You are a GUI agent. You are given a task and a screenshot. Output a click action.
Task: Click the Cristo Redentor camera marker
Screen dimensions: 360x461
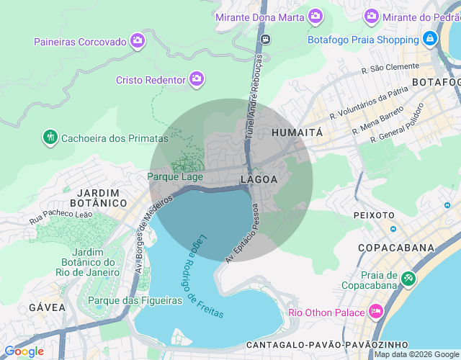pyautogui.click(x=197, y=79)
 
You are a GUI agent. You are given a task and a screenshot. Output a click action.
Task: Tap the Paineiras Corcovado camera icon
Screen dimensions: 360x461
pyautogui.click(x=138, y=42)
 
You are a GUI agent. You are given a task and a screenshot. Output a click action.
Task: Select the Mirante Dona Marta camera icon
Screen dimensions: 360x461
pyautogui.click(x=315, y=15)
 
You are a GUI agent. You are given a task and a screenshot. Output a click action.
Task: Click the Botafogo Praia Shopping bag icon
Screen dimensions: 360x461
pyautogui.click(x=430, y=39)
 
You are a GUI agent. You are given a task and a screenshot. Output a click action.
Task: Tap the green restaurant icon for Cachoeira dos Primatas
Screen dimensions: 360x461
pyautogui.click(x=50, y=138)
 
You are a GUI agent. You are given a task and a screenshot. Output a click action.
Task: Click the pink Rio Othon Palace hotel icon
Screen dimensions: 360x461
pyautogui.click(x=375, y=312)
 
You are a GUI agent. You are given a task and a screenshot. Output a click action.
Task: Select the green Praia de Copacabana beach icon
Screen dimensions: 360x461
pyautogui.click(x=408, y=277)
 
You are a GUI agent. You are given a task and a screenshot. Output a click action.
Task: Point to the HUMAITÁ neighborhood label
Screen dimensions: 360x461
pyautogui.click(x=297, y=133)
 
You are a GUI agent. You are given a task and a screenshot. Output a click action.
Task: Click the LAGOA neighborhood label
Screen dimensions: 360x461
pyautogui.click(x=259, y=179)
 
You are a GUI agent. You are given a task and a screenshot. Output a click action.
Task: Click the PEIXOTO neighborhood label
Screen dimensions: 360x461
pyautogui.click(x=374, y=215)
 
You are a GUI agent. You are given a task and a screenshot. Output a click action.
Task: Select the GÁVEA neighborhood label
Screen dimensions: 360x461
pyautogui.click(x=48, y=307)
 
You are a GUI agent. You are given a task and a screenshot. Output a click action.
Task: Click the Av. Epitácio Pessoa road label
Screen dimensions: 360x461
pyautogui.click(x=243, y=232)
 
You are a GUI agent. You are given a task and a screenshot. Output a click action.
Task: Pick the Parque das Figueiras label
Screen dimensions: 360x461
pyautogui.click(x=134, y=300)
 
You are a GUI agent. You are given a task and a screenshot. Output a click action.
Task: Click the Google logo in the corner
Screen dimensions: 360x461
pyautogui.click(x=24, y=351)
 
